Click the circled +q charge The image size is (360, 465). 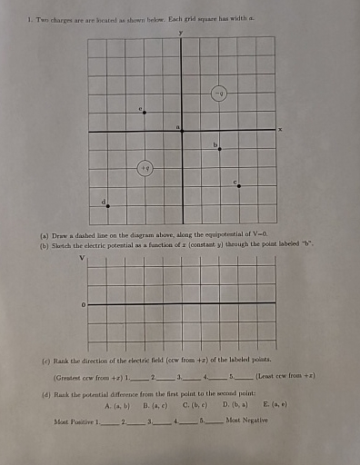pyautogui.click(x=145, y=168)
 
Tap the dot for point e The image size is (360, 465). pyautogui.click(x=144, y=113)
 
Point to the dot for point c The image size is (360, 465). pyautogui.click(x=239, y=187)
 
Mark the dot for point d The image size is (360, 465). pyautogui.click(x=107, y=206)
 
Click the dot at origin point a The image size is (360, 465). pyautogui.click(x=182, y=132)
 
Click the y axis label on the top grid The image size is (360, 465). pyautogui.click(x=181, y=30)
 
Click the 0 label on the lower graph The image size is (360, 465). pyautogui.click(x=84, y=303)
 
